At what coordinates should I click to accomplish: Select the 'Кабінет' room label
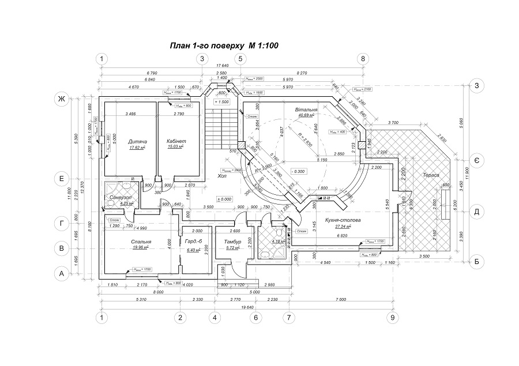[x=176, y=141]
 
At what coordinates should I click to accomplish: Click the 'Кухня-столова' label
[x=341, y=221]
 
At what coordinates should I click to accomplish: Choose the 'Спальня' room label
[x=141, y=242]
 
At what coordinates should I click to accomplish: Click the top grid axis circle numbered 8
[x=362, y=58]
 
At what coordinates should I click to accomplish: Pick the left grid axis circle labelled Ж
[x=59, y=99]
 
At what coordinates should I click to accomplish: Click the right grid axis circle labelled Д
[x=477, y=211]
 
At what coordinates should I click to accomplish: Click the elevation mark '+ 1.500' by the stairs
[x=221, y=101]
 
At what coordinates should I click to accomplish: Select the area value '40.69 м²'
[x=306, y=115]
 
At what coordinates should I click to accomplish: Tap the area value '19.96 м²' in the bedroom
[x=140, y=248]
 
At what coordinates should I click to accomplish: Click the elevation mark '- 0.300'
[x=298, y=171]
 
